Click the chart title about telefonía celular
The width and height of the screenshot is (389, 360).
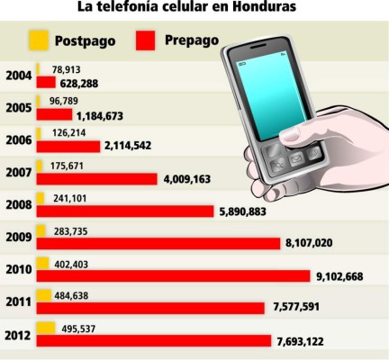click(194, 8)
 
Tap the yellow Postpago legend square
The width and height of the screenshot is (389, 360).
click(37, 40)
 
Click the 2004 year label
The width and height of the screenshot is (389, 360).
click(17, 76)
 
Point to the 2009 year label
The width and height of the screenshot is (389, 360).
click(17, 237)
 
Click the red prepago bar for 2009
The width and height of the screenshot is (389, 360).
click(158, 243)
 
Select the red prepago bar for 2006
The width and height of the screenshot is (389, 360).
click(68, 147)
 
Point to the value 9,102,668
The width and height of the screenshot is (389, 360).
click(332, 276)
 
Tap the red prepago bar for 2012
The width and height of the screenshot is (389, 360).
click(153, 340)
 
